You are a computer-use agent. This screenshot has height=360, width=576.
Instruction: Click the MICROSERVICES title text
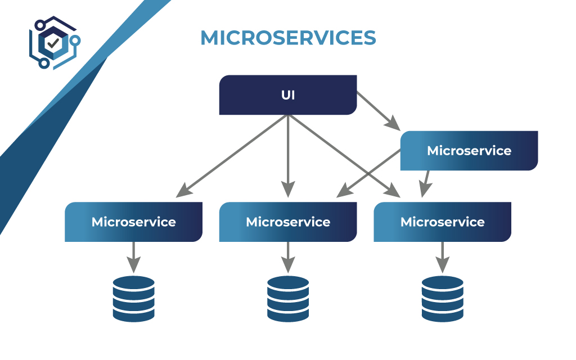tap(288, 38)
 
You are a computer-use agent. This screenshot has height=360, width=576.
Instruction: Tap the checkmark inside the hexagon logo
tap(53, 42)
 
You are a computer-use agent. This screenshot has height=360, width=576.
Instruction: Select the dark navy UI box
tap(288, 95)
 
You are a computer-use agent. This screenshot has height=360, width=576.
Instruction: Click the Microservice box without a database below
tap(469, 151)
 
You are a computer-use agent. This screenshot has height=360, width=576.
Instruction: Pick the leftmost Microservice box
tap(133, 222)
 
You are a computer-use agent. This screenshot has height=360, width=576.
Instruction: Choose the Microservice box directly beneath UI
tap(288, 222)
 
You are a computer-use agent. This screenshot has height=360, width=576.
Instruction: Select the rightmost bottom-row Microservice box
tap(442, 222)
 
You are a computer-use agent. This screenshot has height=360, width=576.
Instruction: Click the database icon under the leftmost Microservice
tap(133, 298)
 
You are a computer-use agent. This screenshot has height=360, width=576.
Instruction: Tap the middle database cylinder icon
tap(288, 298)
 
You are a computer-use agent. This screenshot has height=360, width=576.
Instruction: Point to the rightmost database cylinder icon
tap(442, 298)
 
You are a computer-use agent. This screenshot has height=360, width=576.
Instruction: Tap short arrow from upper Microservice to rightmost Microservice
tap(425, 183)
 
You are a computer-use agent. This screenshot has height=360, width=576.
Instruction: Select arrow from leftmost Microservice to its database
tap(133, 256)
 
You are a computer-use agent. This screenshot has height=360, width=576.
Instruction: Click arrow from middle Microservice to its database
tap(288, 256)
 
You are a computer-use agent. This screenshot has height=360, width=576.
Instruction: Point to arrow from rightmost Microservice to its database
tap(442, 256)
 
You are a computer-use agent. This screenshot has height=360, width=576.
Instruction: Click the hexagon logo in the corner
tap(52, 43)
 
